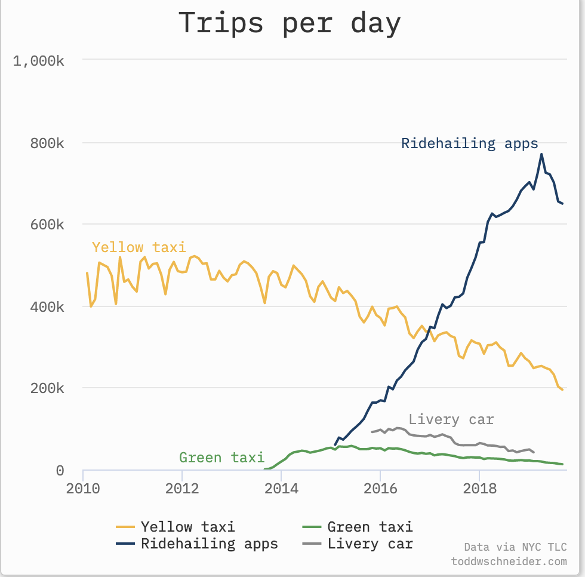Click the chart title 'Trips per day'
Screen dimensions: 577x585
[x=290, y=23]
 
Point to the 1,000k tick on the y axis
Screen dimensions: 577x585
[x=39, y=60]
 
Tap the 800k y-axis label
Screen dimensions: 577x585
[x=48, y=143]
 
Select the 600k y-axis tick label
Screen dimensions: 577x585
[x=48, y=225]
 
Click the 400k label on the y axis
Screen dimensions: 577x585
[x=48, y=307]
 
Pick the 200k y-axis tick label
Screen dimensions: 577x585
[x=48, y=388]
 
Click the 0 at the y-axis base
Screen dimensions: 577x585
[x=60, y=471]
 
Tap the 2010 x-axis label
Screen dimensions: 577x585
[x=83, y=489]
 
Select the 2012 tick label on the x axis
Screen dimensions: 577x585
[x=182, y=489]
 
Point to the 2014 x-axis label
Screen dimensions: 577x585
[x=281, y=489]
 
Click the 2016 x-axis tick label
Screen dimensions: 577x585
[x=380, y=489]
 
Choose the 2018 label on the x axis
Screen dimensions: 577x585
[x=479, y=489]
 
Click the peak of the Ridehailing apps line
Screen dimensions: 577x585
[x=541, y=154]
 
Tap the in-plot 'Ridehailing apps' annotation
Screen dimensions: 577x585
[x=470, y=144]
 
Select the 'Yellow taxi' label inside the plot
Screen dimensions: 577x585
[x=139, y=247]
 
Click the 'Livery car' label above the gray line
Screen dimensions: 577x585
[x=451, y=419]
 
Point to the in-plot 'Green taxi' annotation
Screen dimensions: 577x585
[x=221, y=458]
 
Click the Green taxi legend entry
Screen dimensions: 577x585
[x=370, y=527]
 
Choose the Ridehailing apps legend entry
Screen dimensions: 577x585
[x=209, y=544]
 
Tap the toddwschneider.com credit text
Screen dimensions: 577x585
[x=509, y=561]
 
